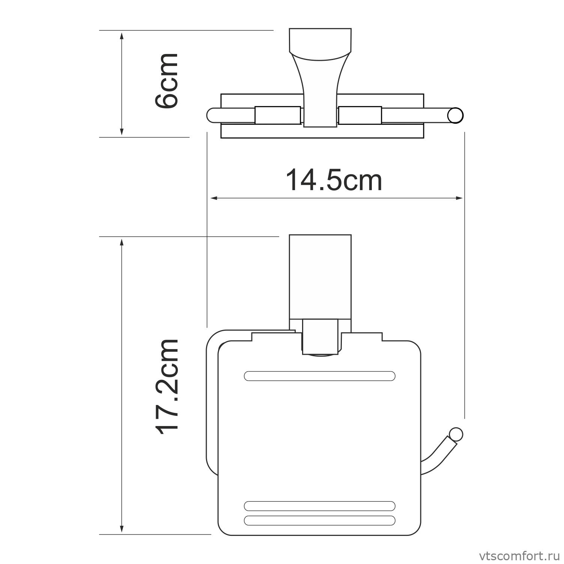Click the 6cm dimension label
(167, 81)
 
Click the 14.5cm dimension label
(334, 181)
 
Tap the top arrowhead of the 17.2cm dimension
(122, 241)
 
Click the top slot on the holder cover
(319, 376)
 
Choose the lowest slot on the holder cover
(319, 520)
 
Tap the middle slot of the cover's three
(319, 505)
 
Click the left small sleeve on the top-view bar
(278, 115)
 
